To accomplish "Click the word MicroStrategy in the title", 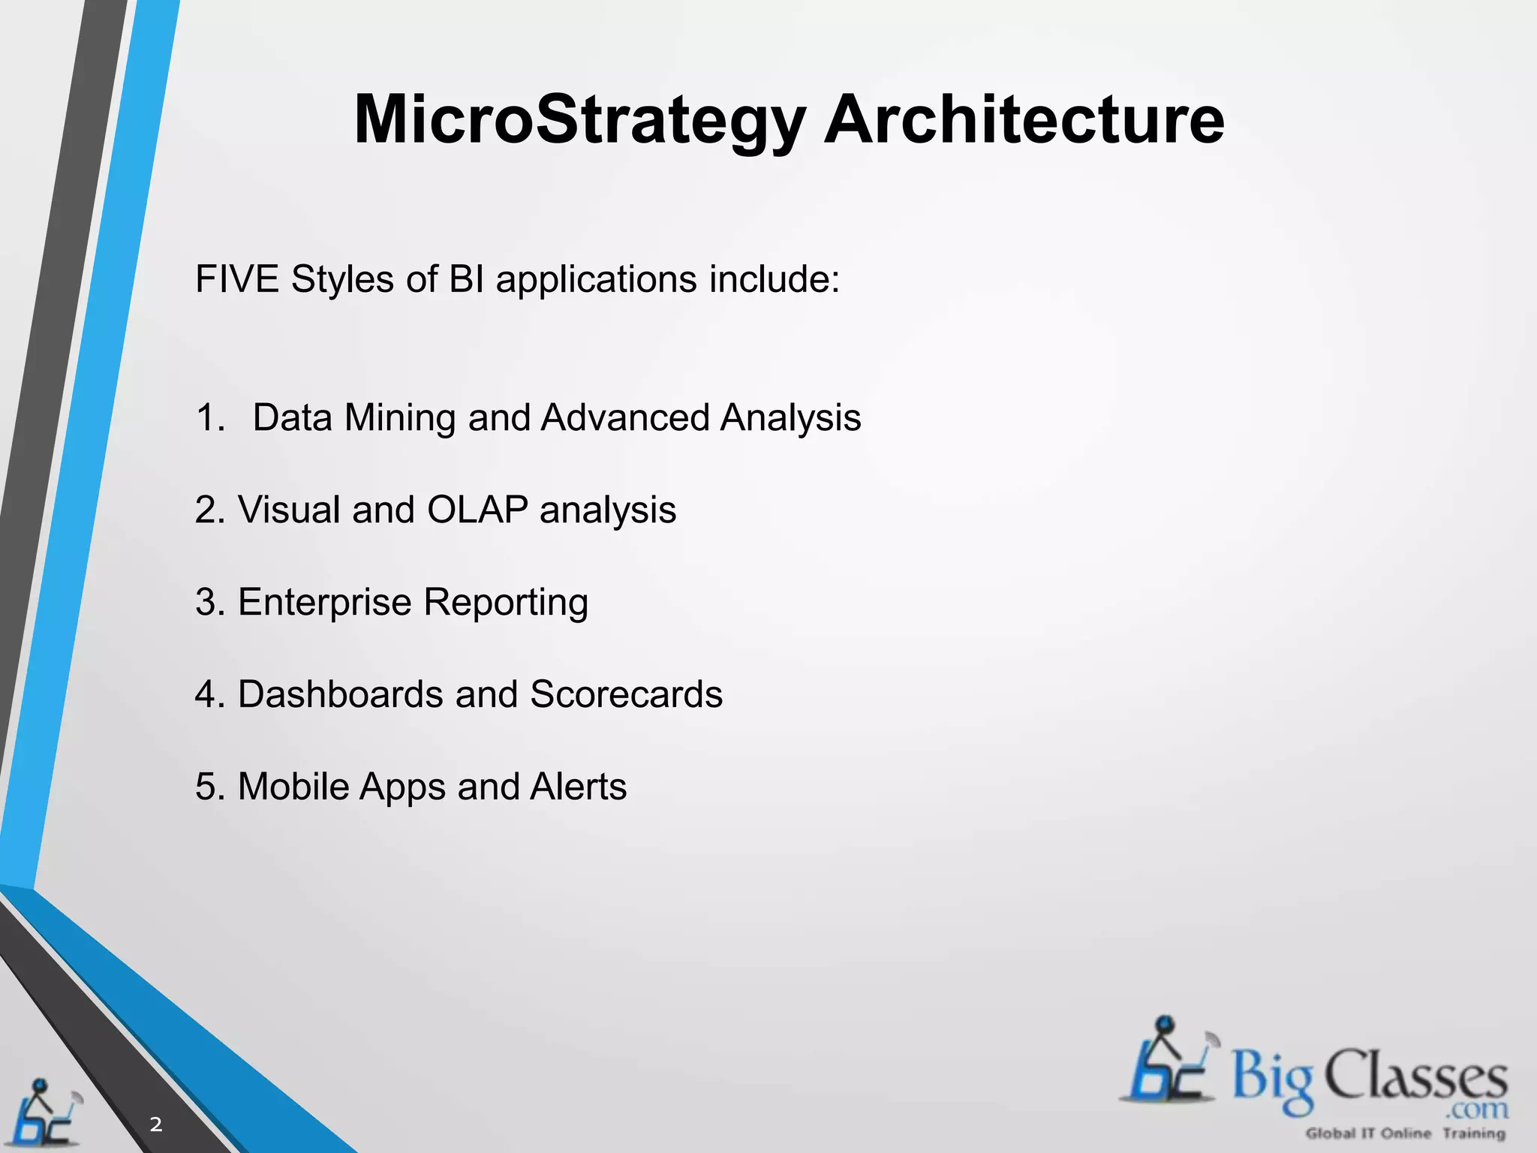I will pos(579,120).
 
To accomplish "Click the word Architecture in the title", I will pos(1024,120).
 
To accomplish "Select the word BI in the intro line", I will pos(466,279).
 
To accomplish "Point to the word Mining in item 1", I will pos(399,418).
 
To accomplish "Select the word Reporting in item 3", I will pos(506,602).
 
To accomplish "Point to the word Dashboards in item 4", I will pos(340,694).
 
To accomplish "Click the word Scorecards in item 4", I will pos(626,694).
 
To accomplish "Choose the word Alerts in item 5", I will pos(578,787).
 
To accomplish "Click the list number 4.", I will pos(205,694).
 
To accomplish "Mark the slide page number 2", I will pos(156,1124).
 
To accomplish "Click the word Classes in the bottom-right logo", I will pos(1415,1077).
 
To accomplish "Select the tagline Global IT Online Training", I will pos(1406,1133).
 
